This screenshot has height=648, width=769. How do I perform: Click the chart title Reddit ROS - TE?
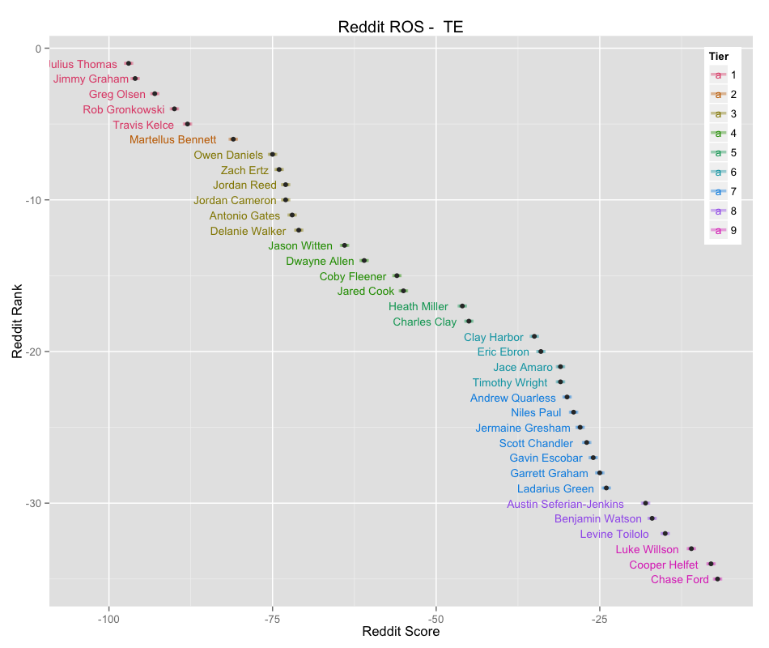[400, 27]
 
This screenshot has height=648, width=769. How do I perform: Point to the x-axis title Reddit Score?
[401, 632]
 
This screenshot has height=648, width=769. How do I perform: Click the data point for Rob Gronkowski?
[174, 109]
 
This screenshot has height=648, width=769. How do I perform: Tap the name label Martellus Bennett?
[173, 139]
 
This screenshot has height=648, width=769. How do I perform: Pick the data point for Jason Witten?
[345, 245]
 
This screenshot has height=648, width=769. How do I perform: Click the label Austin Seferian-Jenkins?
[565, 504]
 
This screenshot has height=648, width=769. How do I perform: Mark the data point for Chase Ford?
[717, 579]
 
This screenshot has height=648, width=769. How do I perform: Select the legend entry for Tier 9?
[723, 230]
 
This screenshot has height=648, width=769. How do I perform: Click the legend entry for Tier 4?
[723, 133]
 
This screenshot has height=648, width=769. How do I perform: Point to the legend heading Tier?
[718, 56]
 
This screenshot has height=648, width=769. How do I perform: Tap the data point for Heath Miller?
[462, 306]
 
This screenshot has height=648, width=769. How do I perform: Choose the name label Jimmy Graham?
[91, 79]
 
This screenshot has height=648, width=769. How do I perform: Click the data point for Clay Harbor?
[534, 336]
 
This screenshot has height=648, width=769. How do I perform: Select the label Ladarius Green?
[555, 488]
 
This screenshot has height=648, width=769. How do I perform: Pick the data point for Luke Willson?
[691, 549]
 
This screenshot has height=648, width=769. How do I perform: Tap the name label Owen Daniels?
[228, 155]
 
